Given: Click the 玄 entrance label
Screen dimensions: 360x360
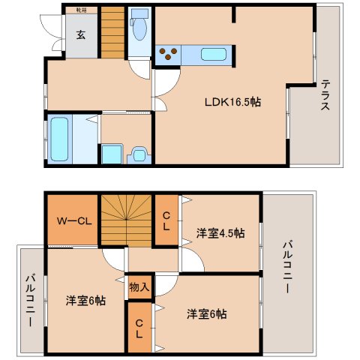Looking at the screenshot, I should click(80, 34).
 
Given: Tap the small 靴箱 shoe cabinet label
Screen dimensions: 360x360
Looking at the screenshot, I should click(80, 10).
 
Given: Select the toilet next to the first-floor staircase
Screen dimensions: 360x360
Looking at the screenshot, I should click(139, 28).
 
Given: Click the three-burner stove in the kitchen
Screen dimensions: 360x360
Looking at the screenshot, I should click(169, 54).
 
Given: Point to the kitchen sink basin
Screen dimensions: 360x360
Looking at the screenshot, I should click(214, 54).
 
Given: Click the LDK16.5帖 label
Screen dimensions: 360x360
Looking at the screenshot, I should click(235, 101).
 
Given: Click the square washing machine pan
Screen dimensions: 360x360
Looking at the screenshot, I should click(112, 154).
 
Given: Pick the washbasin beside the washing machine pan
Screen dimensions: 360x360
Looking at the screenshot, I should click(138, 154).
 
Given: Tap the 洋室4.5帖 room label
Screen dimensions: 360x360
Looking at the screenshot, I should click(220, 233).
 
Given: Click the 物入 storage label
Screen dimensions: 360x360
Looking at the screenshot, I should click(138, 286).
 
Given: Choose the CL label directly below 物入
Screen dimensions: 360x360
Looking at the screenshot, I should click(139, 326).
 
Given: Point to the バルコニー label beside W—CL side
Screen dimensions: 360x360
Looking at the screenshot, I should click(31, 300).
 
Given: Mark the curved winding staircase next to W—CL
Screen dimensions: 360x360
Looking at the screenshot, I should click(125, 218).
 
